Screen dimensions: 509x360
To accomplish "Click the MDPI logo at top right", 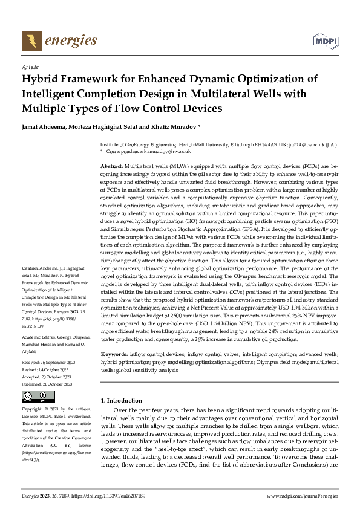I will pyautogui.click(x=324, y=41).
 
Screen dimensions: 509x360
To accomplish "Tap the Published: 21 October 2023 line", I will pyautogui.click(x=49, y=367).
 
